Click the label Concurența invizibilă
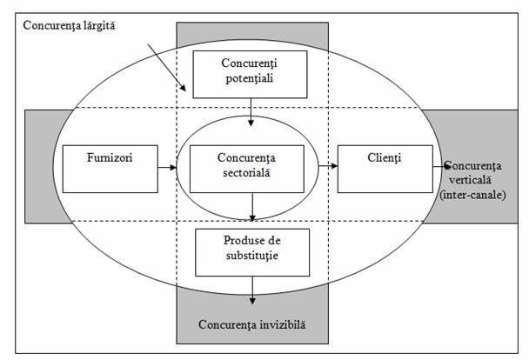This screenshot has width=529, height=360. [252, 326]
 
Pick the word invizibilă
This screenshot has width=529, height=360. [278, 326]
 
